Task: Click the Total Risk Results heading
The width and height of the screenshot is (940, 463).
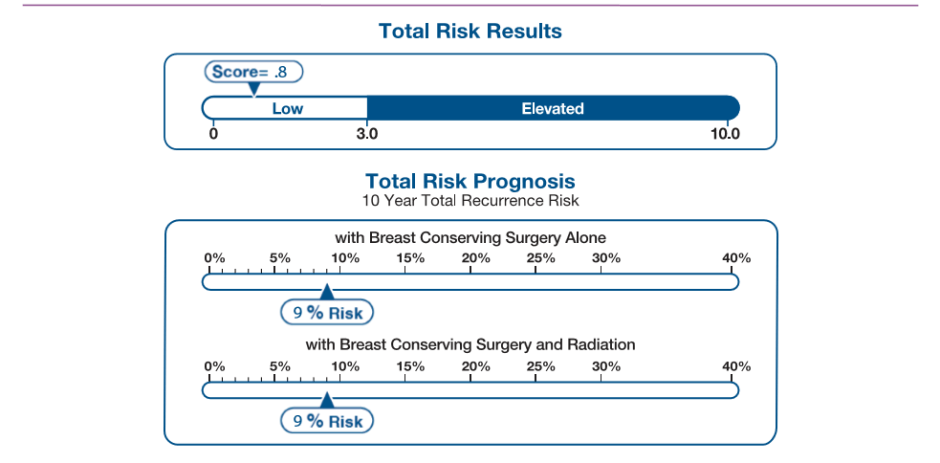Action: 470,31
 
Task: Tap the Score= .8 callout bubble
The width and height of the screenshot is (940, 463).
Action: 254,72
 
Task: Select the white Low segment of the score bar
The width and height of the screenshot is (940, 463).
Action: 287,108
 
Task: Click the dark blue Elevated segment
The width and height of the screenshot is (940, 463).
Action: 552,108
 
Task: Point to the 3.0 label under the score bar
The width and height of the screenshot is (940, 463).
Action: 367,133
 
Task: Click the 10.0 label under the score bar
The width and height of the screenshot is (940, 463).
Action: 724,133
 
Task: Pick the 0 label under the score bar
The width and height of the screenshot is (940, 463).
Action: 213,133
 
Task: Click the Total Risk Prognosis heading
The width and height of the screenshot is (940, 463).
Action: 470,181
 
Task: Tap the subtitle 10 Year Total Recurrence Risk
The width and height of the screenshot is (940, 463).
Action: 470,200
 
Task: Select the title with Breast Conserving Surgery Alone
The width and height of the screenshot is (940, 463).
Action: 470,237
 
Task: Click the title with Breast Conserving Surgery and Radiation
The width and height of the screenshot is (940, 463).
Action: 470,345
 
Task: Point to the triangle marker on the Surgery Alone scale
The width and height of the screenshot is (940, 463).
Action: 325,291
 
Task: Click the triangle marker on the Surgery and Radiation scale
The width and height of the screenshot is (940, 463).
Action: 325,399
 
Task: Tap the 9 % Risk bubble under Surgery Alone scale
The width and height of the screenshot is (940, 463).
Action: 326,313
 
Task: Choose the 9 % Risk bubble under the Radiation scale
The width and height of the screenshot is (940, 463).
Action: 326,421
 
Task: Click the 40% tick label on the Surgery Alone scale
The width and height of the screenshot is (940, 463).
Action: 736,258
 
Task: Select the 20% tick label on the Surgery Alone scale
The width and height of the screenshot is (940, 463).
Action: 475,258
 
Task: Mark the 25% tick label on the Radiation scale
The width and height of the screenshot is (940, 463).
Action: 540,366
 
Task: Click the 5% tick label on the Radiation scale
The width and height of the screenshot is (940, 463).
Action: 280,366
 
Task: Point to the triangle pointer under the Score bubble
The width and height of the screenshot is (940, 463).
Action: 254,89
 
